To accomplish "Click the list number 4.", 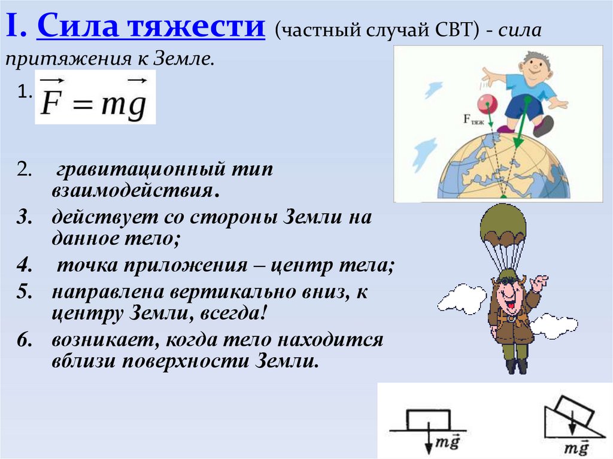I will (23, 265).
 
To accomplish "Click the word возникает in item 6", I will (97, 340).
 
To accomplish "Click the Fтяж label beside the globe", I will (475, 119).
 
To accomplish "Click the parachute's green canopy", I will (503, 227).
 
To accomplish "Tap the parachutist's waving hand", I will (540, 282).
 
